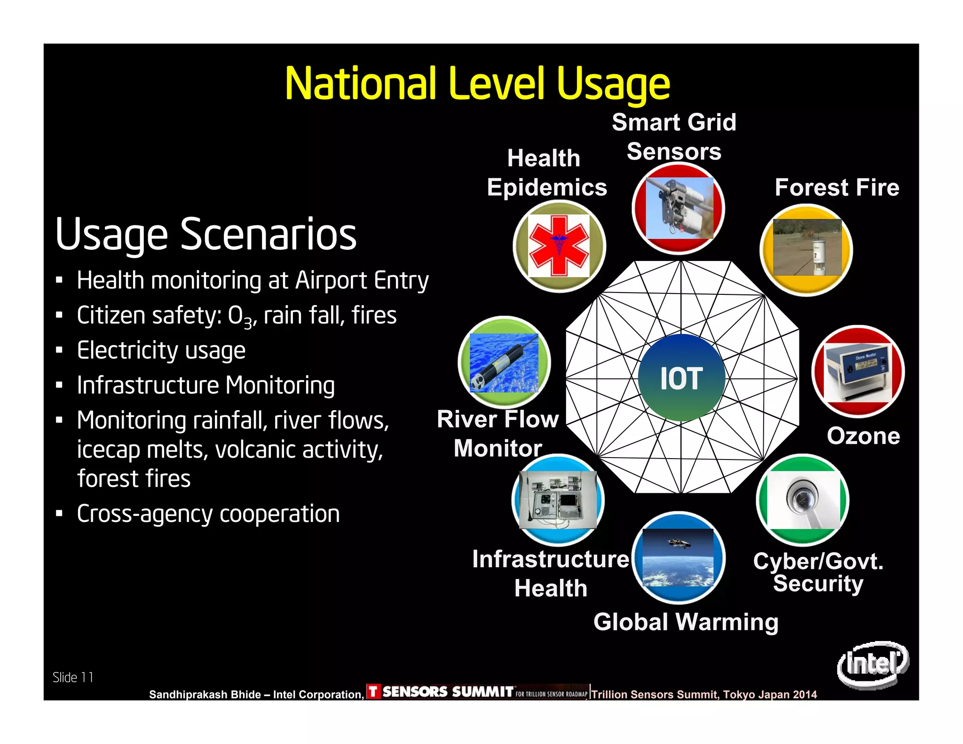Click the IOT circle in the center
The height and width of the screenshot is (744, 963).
(x=681, y=378)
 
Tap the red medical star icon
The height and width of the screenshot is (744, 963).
(x=559, y=245)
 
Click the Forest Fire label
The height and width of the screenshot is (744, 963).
(x=837, y=187)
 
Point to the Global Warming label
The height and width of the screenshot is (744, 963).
(x=686, y=622)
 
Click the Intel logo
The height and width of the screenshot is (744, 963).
(x=873, y=664)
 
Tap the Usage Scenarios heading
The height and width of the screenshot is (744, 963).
(x=206, y=234)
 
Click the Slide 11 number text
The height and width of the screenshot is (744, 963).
(x=73, y=677)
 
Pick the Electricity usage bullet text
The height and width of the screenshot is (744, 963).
(x=161, y=350)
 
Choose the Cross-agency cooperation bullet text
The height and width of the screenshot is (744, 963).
(x=208, y=514)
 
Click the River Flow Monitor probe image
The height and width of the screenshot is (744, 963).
(x=504, y=363)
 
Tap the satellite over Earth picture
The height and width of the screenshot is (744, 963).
(x=678, y=557)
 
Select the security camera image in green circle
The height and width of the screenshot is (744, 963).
(x=803, y=500)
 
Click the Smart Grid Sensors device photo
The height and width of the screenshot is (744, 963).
(x=679, y=208)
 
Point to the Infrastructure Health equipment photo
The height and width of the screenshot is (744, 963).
(x=558, y=500)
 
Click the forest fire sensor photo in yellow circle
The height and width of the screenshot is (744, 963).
(x=807, y=248)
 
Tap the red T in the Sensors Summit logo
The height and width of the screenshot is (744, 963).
(x=373, y=691)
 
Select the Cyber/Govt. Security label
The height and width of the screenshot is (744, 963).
(x=818, y=572)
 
